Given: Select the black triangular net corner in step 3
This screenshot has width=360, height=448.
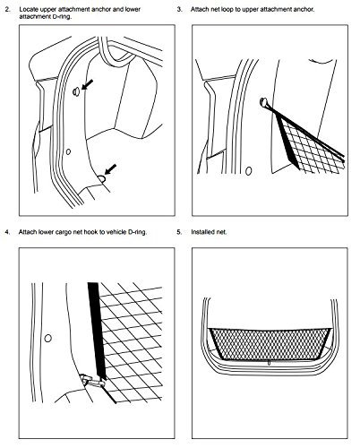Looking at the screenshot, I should (x=289, y=143).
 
